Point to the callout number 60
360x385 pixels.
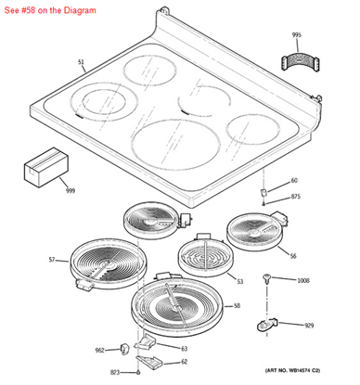point(294,180)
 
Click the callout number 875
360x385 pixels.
point(296,197)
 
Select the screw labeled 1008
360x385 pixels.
point(268,277)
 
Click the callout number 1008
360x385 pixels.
point(302,280)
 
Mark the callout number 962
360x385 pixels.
point(99,351)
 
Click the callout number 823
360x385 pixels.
point(114,371)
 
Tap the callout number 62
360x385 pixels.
point(184,362)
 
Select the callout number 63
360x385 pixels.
point(184,348)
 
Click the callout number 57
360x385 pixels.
point(52,260)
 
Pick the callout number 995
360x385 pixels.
point(296,35)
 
